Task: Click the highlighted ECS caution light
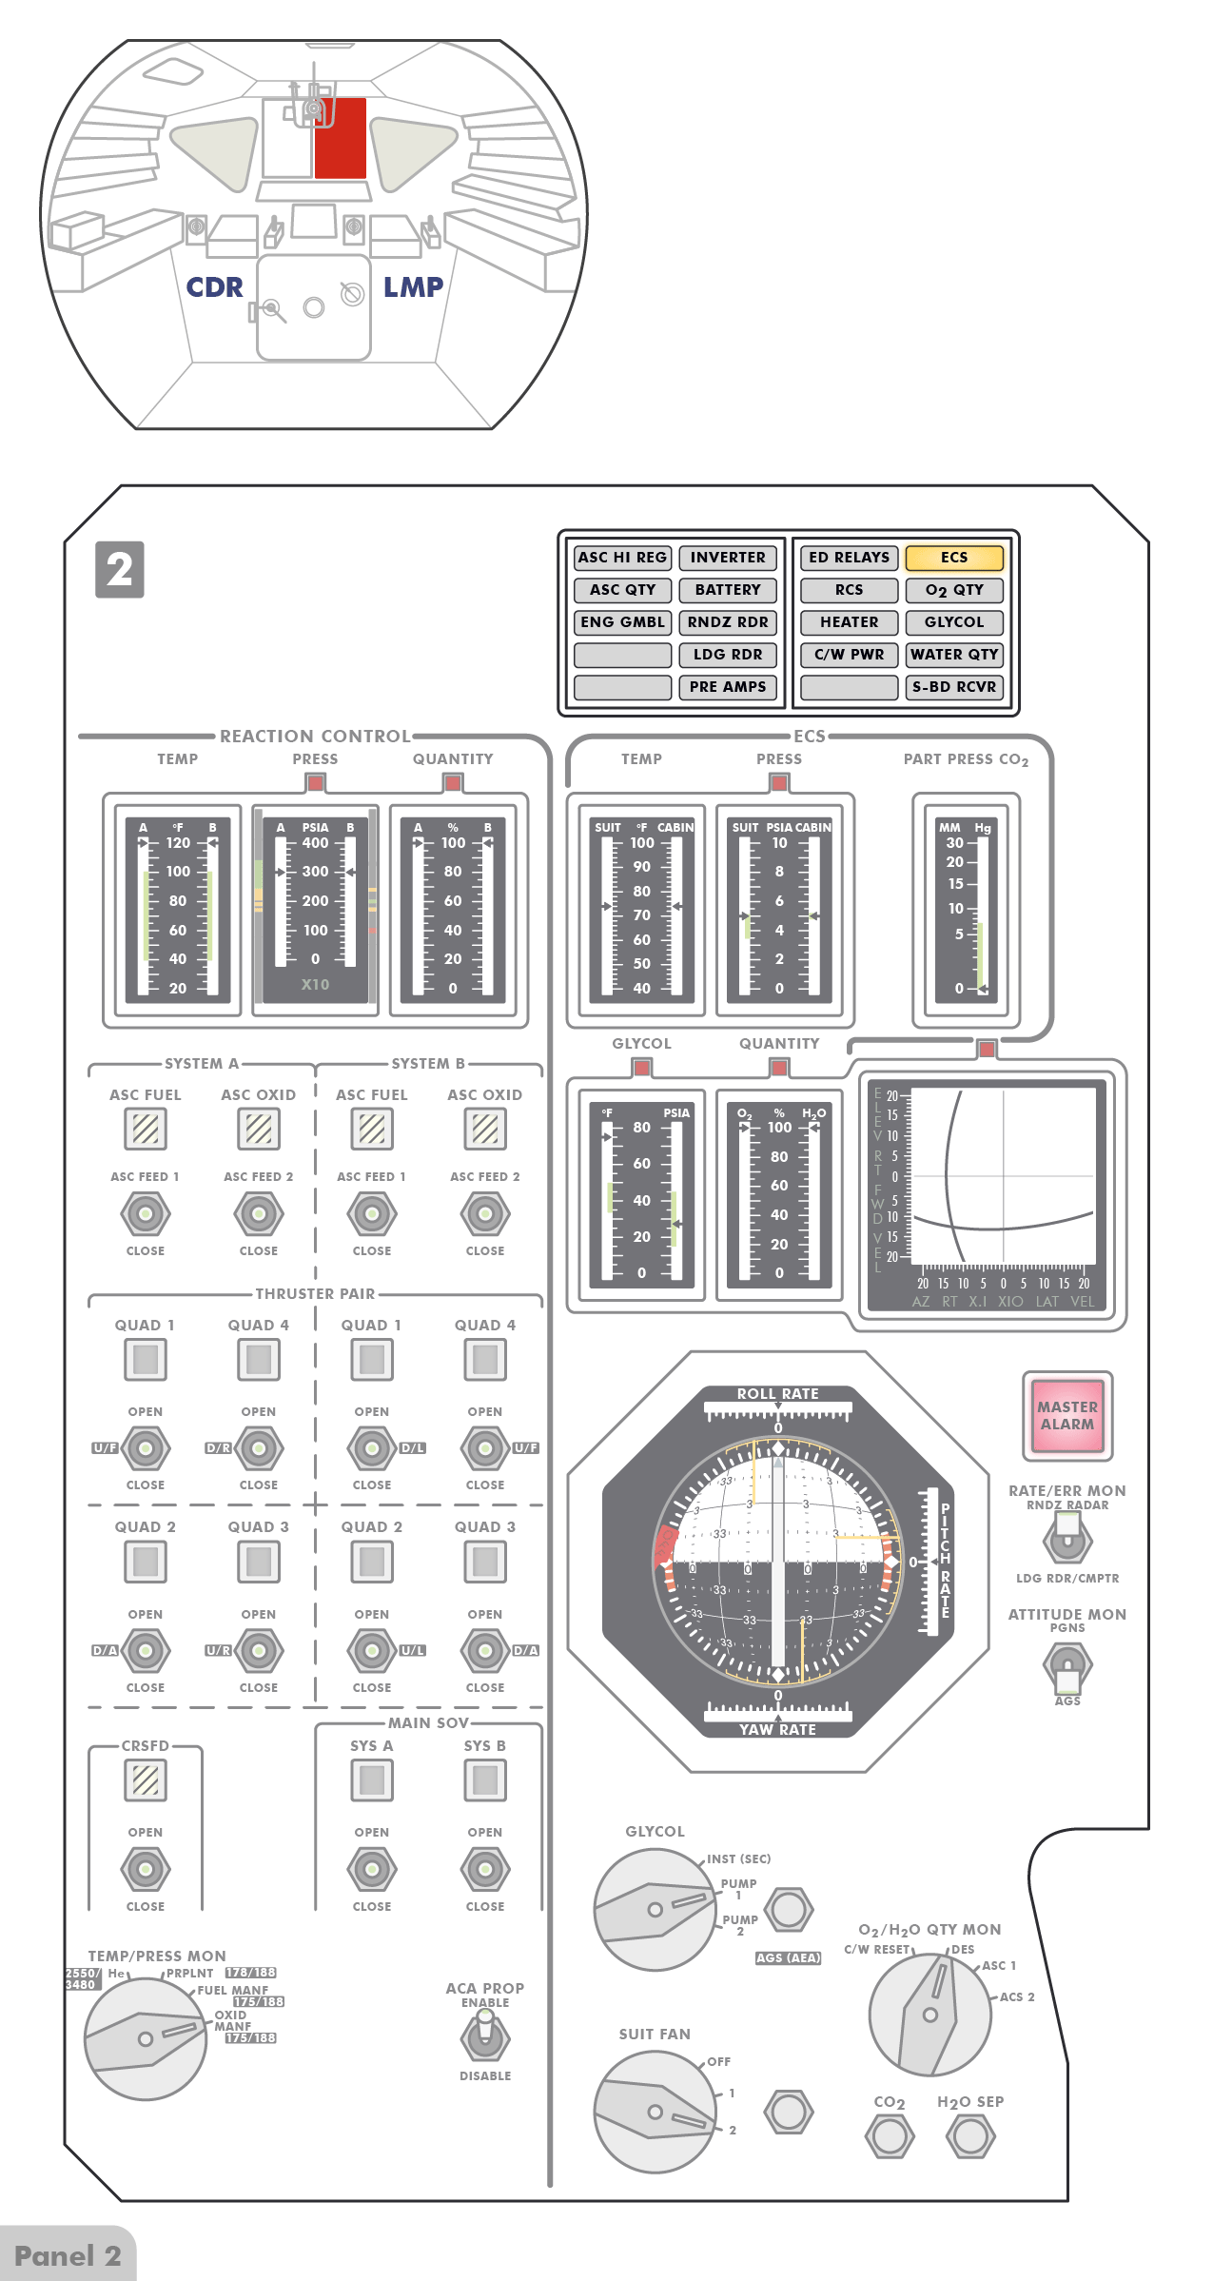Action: [954, 558]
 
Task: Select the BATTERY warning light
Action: [728, 590]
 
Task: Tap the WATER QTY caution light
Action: [954, 655]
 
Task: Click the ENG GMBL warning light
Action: [623, 622]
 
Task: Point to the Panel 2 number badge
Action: [120, 570]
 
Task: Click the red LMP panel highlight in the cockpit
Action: [341, 139]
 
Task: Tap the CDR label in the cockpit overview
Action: [214, 287]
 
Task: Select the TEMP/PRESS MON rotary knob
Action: [146, 2039]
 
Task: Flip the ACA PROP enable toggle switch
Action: [485, 2037]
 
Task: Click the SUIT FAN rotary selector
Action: [655, 2113]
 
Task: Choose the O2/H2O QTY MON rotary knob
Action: [929, 2015]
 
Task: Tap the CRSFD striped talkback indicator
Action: [146, 1780]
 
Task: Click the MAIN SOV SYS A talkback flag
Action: [372, 1780]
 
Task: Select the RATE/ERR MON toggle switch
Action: [1067, 1537]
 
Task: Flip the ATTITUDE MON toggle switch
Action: [1067, 1666]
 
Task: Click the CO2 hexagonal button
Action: [890, 2136]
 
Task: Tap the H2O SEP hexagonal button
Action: [970, 2136]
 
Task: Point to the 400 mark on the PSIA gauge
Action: [315, 843]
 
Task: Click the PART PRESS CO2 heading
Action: [966, 759]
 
